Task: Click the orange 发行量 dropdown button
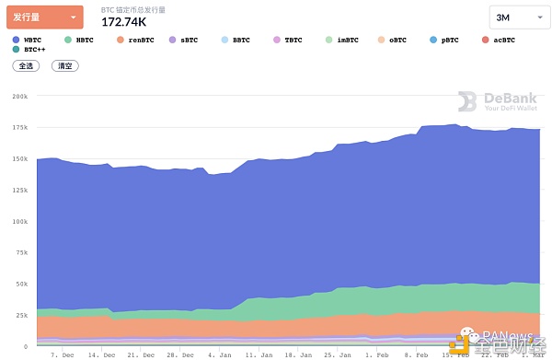(x=44, y=17)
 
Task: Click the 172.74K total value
(x=123, y=22)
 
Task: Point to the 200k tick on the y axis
(x=18, y=96)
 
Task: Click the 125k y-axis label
(x=18, y=190)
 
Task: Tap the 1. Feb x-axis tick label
(x=376, y=354)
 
